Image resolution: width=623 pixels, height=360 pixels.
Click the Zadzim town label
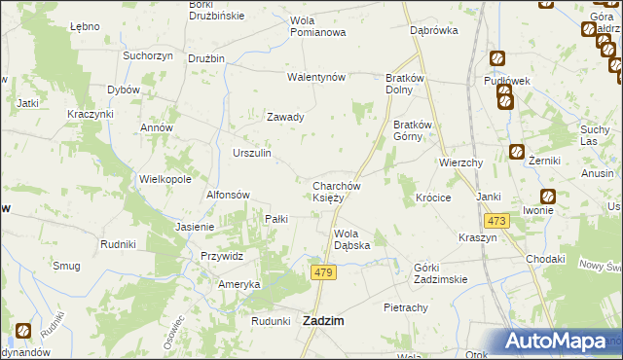[x=328, y=322]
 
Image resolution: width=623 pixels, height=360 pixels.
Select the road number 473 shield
[x=496, y=222]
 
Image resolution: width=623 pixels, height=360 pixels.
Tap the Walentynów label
[x=316, y=77]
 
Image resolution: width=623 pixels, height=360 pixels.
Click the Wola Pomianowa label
[x=318, y=27]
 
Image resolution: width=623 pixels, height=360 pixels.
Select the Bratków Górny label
[x=419, y=131]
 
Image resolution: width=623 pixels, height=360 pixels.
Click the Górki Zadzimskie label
[x=440, y=273]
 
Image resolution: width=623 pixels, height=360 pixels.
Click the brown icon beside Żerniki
[x=516, y=152]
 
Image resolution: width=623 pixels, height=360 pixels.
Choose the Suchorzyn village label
[x=147, y=55]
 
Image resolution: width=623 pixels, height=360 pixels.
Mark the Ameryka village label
[x=238, y=284]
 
